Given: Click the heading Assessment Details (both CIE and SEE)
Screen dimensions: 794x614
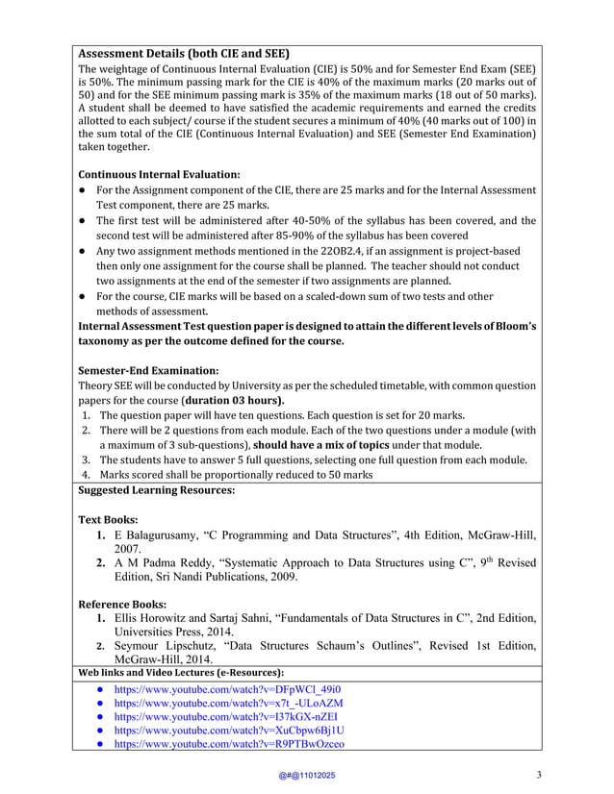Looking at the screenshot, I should pyautogui.click(x=183, y=53).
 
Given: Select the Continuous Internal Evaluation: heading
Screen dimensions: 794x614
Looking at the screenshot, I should pyautogui.click(x=158, y=175).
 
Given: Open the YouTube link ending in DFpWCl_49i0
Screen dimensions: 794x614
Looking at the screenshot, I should pyautogui.click(x=226, y=689).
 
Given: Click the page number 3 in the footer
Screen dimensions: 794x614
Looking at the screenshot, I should pyautogui.click(x=539, y=776).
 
